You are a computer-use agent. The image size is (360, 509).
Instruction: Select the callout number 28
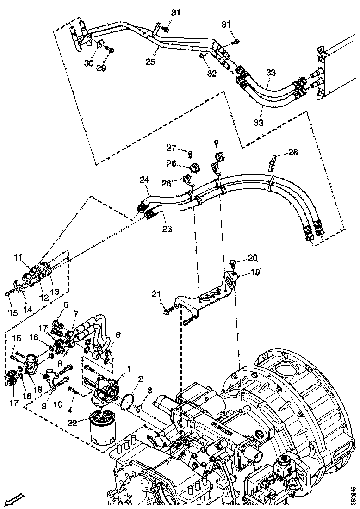[x=293, y=151]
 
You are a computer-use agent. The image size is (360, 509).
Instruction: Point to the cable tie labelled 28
[x=273, y=161]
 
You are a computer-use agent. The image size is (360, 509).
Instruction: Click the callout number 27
[x=172, y=148]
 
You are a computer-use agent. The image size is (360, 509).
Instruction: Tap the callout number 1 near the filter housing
[x=130, y=369]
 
